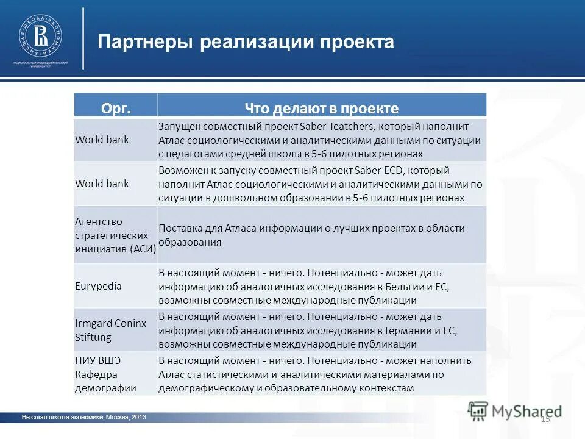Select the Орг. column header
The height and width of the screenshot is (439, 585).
coord(116,109)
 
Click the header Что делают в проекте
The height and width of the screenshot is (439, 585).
coord(322,109)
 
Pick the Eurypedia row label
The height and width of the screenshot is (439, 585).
coord(98,286)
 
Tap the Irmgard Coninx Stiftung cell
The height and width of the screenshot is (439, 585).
coord(110,330)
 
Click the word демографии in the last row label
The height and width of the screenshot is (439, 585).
coord(105,387)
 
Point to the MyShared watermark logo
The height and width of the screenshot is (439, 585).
coord(515,411)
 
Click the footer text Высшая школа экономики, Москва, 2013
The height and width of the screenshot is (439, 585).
coord(83,417)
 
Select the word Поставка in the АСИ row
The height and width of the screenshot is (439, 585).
coord(181,228)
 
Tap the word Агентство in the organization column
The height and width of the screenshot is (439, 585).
coord(99,221)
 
